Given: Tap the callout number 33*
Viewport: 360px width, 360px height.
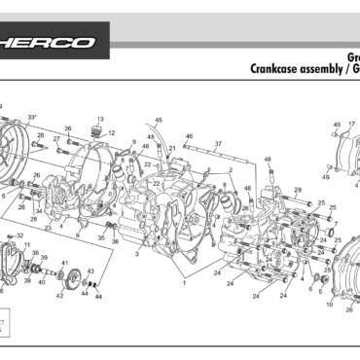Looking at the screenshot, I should (32, 117).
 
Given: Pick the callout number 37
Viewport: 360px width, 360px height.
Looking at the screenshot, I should (218, 144).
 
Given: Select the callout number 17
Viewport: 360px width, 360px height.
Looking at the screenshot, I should (351, 125).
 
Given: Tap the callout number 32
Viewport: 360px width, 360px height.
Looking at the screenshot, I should (20, 235).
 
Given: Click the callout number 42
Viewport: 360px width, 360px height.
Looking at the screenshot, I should (59, 295).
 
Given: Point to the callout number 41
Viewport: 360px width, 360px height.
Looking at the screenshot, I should (64, 263).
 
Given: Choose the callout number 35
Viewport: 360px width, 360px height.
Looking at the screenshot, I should (101, 237).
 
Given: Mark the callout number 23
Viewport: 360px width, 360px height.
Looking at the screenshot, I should (48, 228).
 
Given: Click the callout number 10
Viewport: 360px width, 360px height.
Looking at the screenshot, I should (330, 305).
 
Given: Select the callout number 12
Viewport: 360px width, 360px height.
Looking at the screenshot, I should (112, 133).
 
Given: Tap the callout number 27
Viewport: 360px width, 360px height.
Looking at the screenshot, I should (57, 139).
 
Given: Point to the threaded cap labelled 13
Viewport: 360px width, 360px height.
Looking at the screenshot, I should (97, 130).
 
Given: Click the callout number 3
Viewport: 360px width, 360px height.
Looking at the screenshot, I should (138, 253).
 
